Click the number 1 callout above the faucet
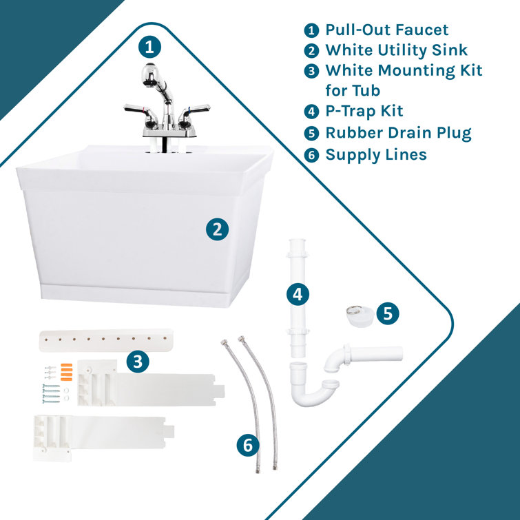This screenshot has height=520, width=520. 149,48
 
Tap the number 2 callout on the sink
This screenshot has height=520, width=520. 217,229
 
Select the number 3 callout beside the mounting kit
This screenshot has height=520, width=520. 140,360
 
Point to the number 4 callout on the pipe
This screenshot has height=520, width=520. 297,294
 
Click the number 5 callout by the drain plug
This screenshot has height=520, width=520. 387,313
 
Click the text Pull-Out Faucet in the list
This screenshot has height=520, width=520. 386,30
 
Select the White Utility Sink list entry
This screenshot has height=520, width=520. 396,50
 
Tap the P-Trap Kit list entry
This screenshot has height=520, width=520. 364,111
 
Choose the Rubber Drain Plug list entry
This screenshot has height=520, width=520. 398,132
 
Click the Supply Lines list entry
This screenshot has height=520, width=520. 375,154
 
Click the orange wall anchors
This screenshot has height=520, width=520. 66,371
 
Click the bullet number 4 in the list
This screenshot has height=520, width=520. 312,112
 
